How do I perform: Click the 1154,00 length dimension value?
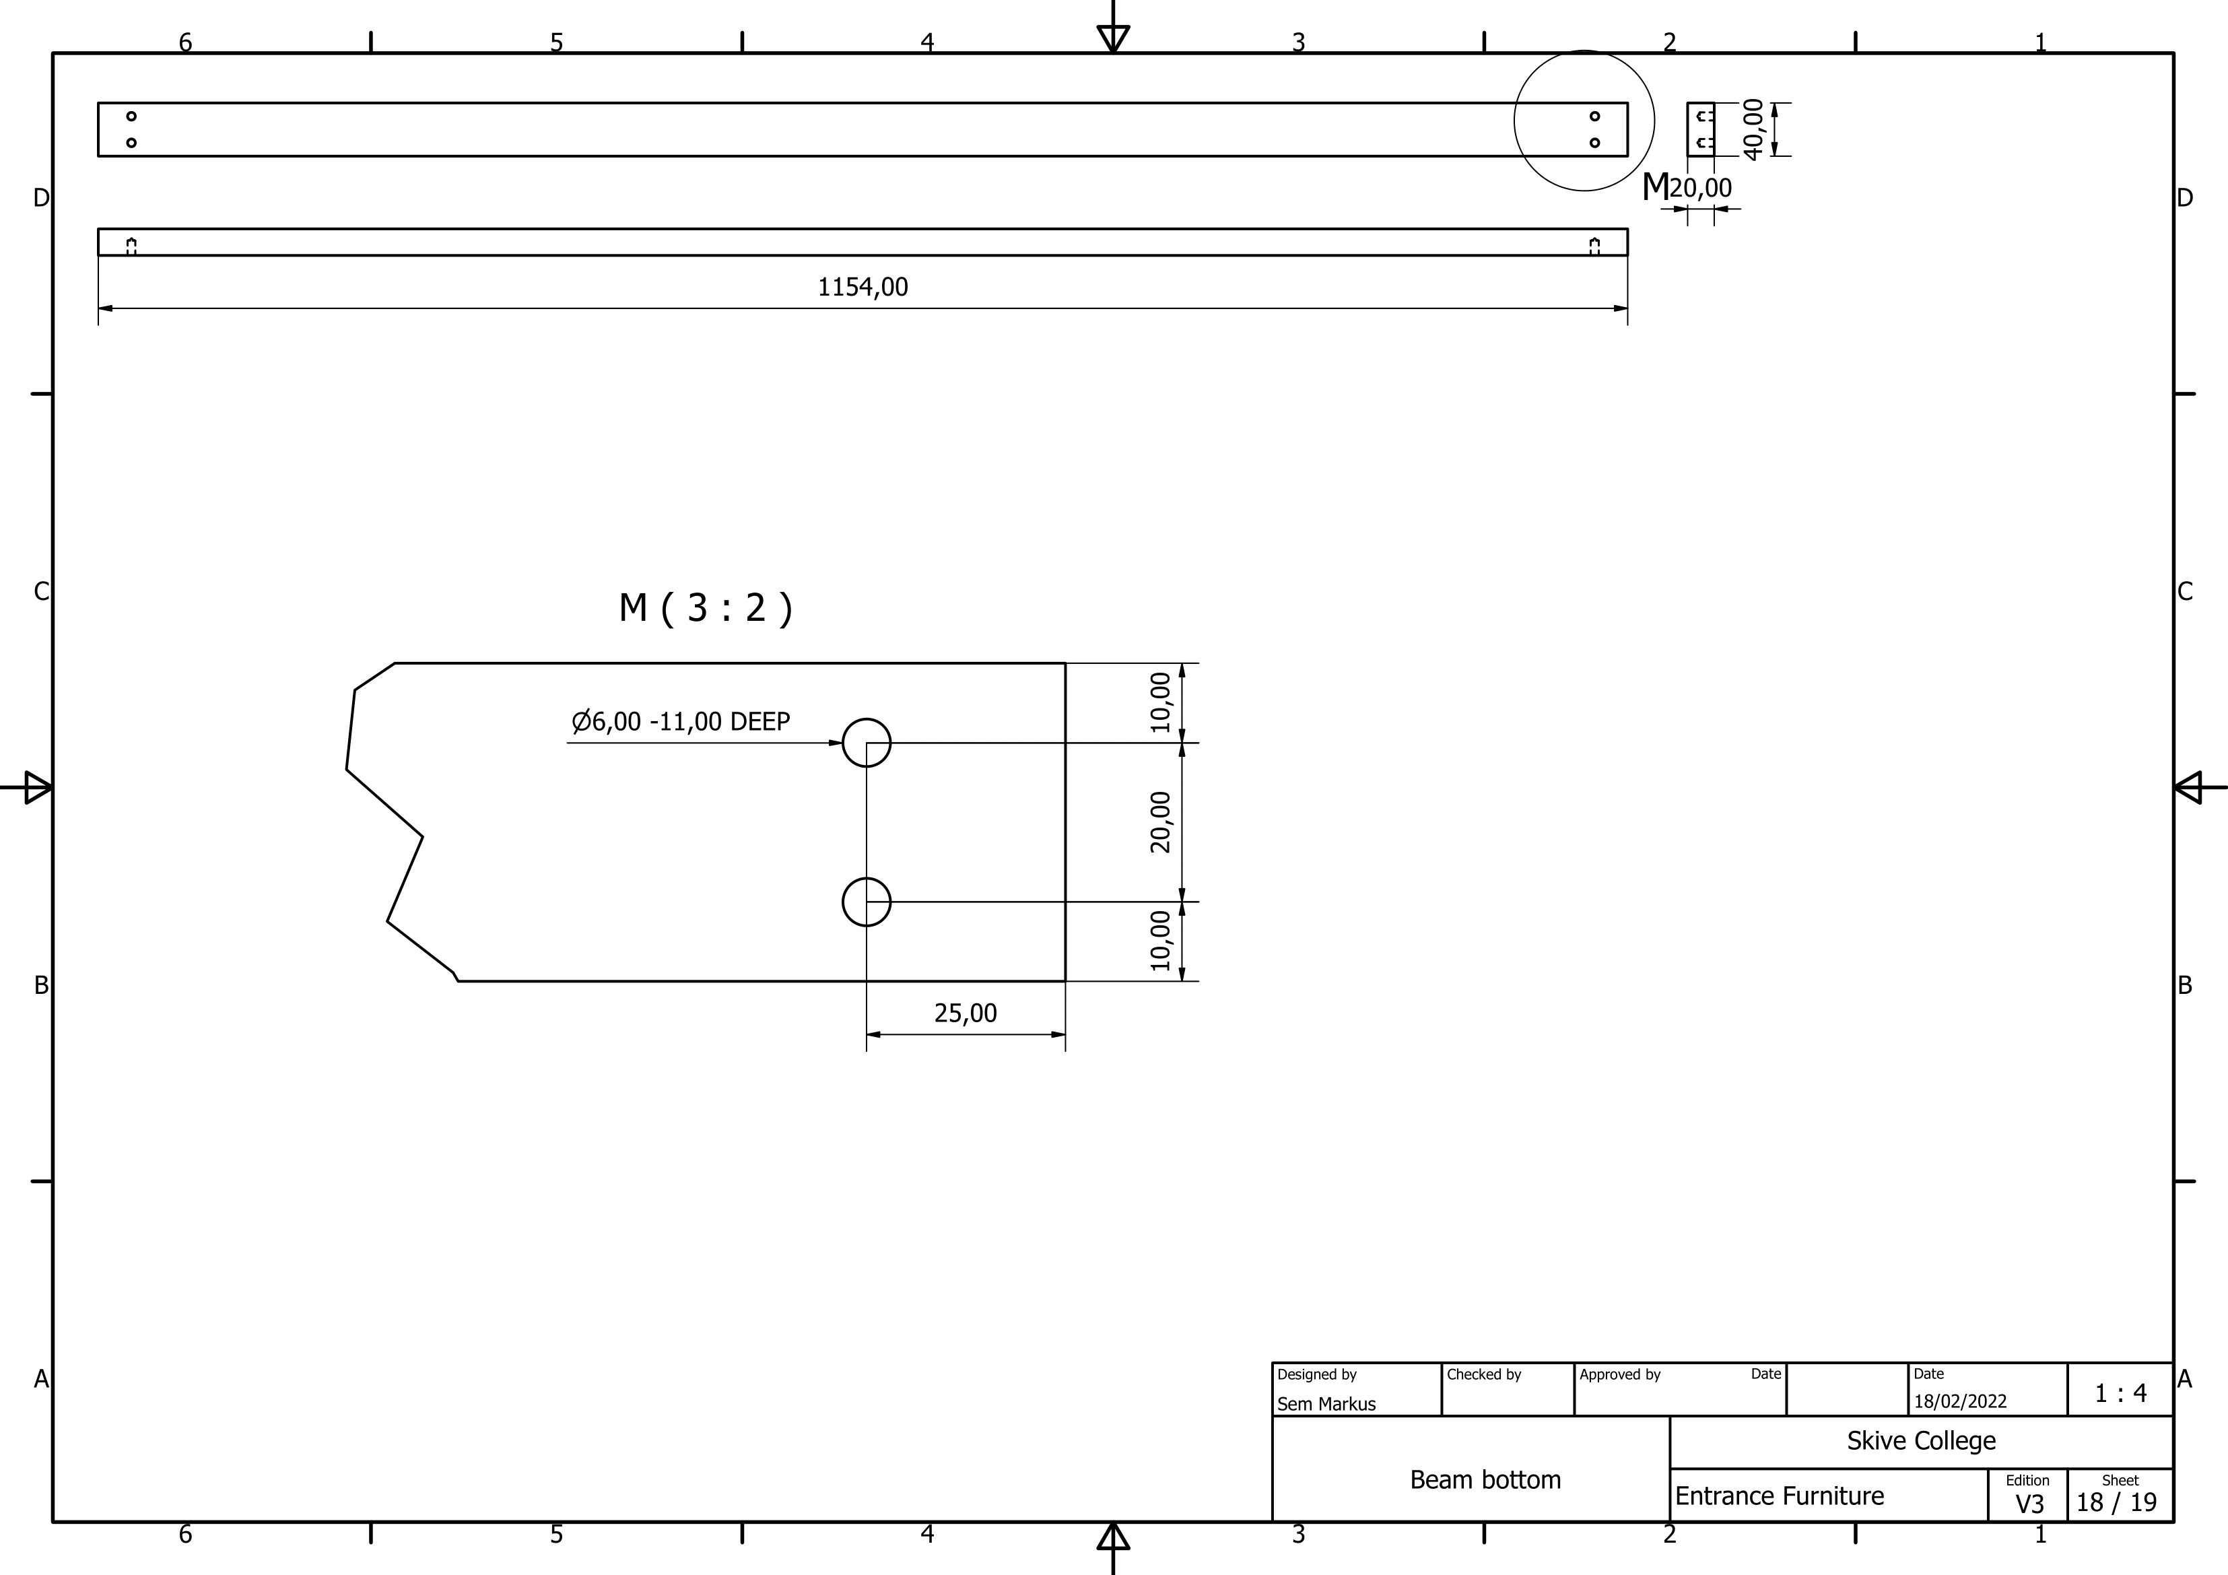[x=863, y=288]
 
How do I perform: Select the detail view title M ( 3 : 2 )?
[x=706, y=609]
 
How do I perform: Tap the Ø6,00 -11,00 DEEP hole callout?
[x=681, y=721]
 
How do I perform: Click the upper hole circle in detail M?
[x=867, y=743]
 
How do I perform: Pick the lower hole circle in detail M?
[x=867, y=902]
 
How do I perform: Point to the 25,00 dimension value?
[x=966, y=1013]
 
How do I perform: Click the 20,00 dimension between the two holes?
[x=1161, y=822]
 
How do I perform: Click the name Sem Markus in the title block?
[x=1326, y=1403]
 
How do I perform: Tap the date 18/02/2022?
[x=1959, y=1401]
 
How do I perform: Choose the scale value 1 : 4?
[x=2120, y=1394]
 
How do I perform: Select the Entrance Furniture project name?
[x=1779, y=1496]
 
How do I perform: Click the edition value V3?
[x=2029, y=1503]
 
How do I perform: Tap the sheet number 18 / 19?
[x=2116, y=1502]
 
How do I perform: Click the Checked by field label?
[x=1484, y=1374]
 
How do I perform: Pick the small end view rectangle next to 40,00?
[x=1700, y=129]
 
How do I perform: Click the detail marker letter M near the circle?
[x=1654, y=187]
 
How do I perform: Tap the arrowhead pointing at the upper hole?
[x=836, y=743]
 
